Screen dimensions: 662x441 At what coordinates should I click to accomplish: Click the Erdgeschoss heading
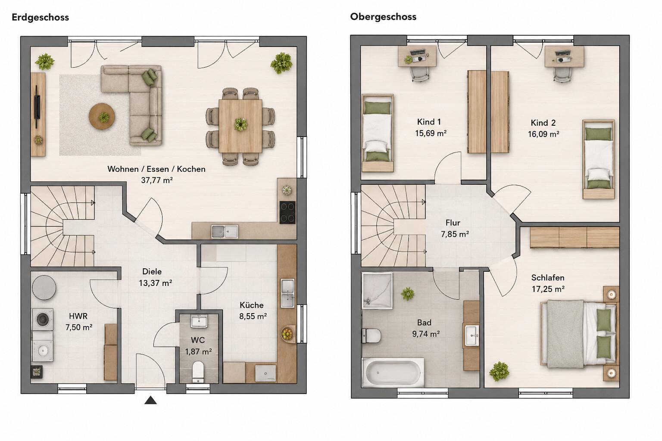tap(40, 17)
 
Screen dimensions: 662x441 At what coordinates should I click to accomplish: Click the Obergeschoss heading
tap(383, 17)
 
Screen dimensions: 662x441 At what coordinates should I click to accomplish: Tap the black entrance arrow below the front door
tap(150, 400)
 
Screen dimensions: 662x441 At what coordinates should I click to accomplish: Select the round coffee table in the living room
tap(102, 116)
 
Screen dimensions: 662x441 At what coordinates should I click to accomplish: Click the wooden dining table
tap(240, 126)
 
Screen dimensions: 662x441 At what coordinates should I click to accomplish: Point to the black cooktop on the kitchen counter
tap(287, 212)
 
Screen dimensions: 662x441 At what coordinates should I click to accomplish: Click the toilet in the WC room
tap(198, 372)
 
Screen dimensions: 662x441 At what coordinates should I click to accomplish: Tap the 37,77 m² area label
tap(156, 180)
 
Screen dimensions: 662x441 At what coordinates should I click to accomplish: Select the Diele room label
tap(152, 271)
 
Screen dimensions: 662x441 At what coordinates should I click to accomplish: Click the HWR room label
tap(78, 316)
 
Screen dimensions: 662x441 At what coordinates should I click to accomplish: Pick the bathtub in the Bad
tap(393, 372)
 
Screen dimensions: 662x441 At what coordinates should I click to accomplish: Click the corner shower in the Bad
tap(377, 291)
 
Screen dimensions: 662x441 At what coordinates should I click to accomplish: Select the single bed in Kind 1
tap(378, 133)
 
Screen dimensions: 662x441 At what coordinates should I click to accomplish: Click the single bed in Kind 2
tap(599, 159)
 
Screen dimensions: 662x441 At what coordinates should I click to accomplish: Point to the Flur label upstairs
tap(453, 222)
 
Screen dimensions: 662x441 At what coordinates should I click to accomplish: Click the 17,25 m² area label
tap(548, 289)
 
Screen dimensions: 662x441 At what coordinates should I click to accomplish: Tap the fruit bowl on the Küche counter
tap(287, 334)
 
